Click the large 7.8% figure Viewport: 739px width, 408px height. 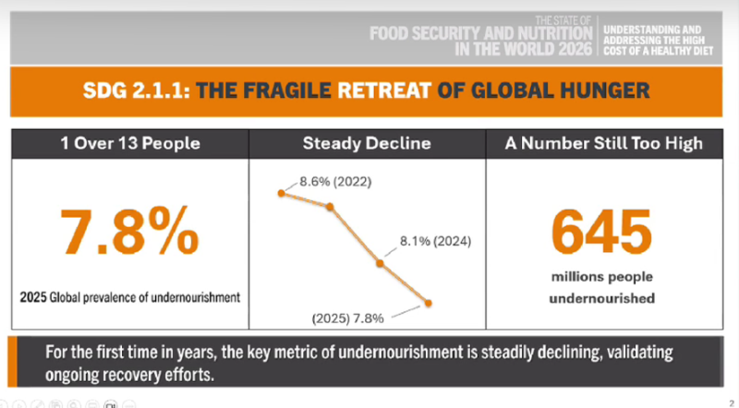click(129, 232)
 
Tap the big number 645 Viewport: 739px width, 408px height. click(602, 232)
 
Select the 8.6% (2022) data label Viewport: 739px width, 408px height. click(335, 182)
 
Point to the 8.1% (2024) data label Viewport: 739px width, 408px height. click(435, 241)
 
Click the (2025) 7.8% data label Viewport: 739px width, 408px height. click(348, 318)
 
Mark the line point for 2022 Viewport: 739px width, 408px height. click(282, 193)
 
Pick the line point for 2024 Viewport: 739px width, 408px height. click(380, 263)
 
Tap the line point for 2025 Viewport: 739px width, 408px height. click(428, 304)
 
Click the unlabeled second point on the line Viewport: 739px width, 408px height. click(330, 207)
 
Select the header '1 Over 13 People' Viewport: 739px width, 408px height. click(130, 143)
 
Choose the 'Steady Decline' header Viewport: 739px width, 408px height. click(367, 143)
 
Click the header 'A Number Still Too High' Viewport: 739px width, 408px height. click(604, 143)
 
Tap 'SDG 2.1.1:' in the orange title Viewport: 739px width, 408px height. click(137, 90)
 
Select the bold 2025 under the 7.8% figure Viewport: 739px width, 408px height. click(33, 297)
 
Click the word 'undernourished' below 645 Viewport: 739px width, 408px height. click(602, 298)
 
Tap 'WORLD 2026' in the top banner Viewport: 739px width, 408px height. click(541, 49)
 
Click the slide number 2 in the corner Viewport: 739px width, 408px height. click(732, 404)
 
